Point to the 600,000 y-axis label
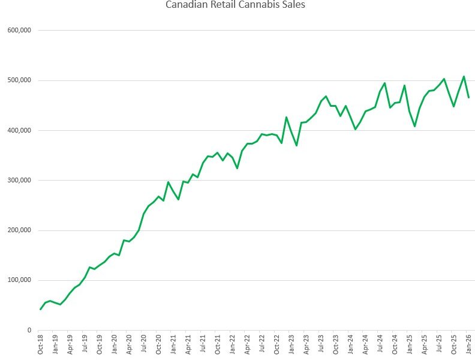click(20, 30)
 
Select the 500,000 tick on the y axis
click(20, 80)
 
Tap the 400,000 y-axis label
click(20, 130)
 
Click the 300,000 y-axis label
click(20, 180)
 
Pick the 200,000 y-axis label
click(20, 230)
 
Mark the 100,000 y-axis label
click(20, 280)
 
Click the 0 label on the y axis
click(29, 331)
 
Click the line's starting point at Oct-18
click(41, 309)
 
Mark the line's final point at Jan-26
click(468, 97)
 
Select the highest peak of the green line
click(464, 76)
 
